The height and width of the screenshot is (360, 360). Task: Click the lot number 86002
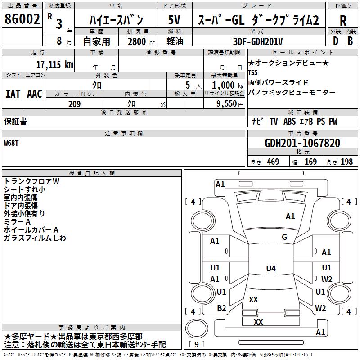click(x=22, y=20)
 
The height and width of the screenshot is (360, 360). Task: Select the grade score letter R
click(x=343, y=21)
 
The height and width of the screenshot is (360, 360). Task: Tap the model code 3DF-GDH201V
click(x=258, y=41)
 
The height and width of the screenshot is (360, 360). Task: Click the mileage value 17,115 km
click(x=54, y=64)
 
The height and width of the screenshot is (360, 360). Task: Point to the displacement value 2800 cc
click(x=140, y=42)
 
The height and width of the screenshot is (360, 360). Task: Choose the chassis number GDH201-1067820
click(x=302, y=144)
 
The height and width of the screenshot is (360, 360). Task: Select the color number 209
click(x=74, y=104)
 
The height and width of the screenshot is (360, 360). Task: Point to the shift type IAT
click(x=13, y=94)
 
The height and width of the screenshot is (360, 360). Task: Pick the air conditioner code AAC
click(x=35, y=94)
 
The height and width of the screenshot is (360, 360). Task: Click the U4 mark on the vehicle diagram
click(x=270, y=269)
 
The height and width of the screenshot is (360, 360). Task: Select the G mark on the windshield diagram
click(x=284, y=237)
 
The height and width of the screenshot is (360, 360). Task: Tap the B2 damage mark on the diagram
click(x=221, y=308)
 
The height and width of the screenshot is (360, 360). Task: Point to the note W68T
click(x=12, y=143)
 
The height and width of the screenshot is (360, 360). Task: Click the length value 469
click(x=273, y=162)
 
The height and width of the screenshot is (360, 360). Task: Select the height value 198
click(x=346, y=162)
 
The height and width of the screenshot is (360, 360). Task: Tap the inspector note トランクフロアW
click(x=31, y=181)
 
